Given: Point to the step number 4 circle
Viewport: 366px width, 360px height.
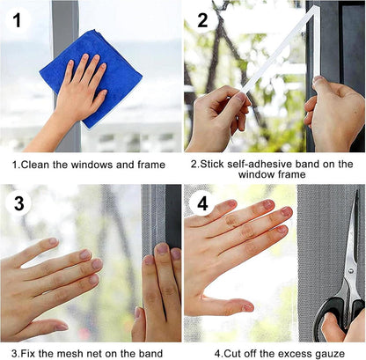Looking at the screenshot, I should click(x=202, y=204).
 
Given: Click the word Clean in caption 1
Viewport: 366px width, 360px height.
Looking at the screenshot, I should click(x=38, y=165).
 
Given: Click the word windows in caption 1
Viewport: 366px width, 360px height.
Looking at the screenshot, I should click(x=89, y=165).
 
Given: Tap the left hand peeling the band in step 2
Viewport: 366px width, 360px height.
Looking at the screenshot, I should click(x=216, y=119).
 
